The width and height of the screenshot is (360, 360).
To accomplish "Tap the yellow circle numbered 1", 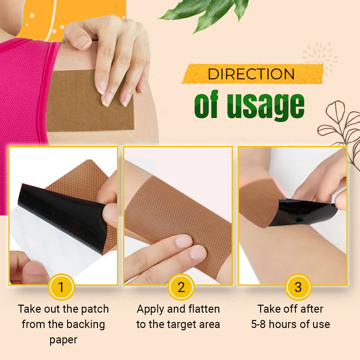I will [x=61, y=287].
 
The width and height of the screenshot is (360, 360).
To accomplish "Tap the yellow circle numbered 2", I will [x=181, y=287].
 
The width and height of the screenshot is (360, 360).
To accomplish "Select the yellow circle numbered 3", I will [x=298, y=287].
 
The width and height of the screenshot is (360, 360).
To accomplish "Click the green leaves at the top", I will [x=207, y=13].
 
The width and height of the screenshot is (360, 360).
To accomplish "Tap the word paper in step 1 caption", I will [x=63, y=340].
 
